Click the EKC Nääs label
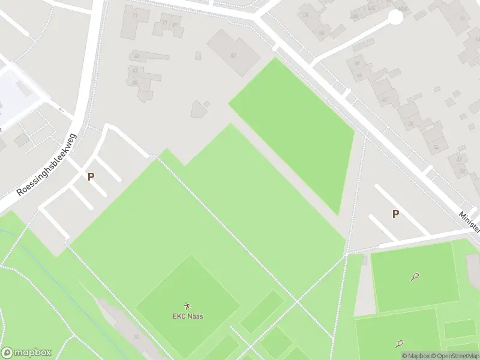coord(188,316)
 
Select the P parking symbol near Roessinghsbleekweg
coord(91,176)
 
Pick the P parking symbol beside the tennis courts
coord(395,214)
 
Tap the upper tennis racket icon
coord(415,277)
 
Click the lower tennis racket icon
coord(400,344)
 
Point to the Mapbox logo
coord(26,353)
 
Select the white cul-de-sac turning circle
coord(396,17)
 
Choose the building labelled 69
coord(175,25)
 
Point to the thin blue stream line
coord(18,240)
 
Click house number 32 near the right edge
coord(436,146)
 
